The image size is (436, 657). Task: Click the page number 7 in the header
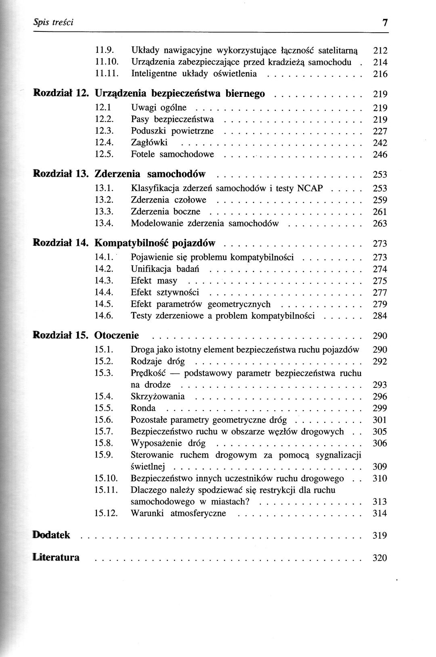(385, 23)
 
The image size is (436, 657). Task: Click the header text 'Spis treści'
(54, 23)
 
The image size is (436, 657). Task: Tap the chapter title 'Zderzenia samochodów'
(150, 174)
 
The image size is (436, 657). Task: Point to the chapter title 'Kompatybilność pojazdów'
(155, 243)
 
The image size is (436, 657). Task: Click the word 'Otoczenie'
(116, 335)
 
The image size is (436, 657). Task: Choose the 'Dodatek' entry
(51, 535)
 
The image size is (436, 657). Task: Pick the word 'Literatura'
(56, 558)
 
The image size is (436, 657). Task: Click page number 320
(379, 558)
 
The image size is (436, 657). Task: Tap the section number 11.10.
(106, 62)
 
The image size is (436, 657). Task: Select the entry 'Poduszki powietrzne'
(172, 131)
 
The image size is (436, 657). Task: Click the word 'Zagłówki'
(149, 142)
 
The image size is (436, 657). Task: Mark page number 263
(379, 224)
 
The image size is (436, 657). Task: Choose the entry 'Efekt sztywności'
(165, 293)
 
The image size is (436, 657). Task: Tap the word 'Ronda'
(143, 408)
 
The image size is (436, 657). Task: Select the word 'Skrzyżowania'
(157, 396)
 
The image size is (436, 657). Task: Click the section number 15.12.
(106, 513)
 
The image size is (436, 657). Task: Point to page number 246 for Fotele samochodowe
(379, 155)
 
